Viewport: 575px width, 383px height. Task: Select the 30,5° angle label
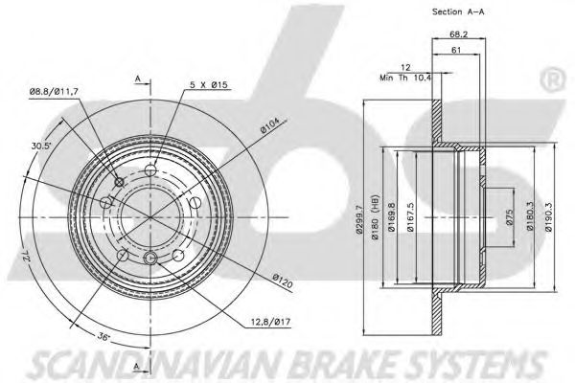pos(40,146)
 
